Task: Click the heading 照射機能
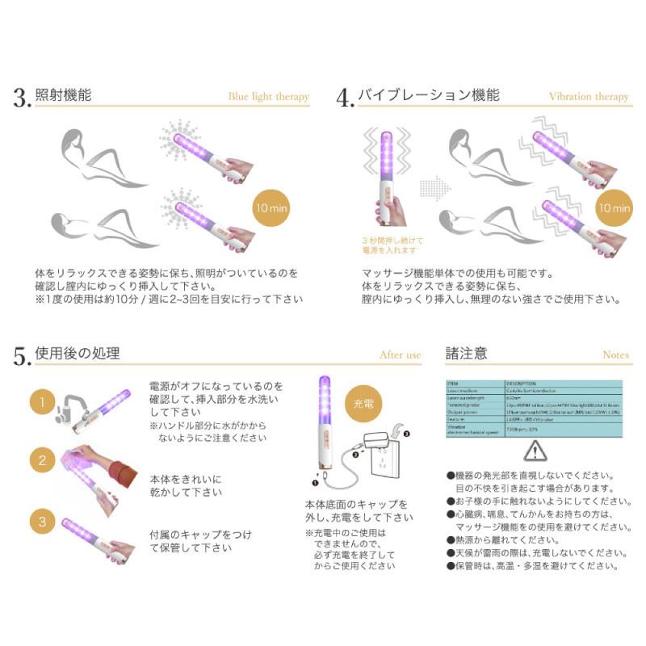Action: tap(63, 95)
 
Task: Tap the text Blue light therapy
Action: tap(268, 97)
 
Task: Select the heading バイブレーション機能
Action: tap(429, 95)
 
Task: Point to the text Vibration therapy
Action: tap(589, 97)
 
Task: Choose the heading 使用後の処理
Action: tap(78, 353)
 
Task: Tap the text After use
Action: tap(401, 354)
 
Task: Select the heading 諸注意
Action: tap(466, 353)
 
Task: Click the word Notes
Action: tap(615, 354)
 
